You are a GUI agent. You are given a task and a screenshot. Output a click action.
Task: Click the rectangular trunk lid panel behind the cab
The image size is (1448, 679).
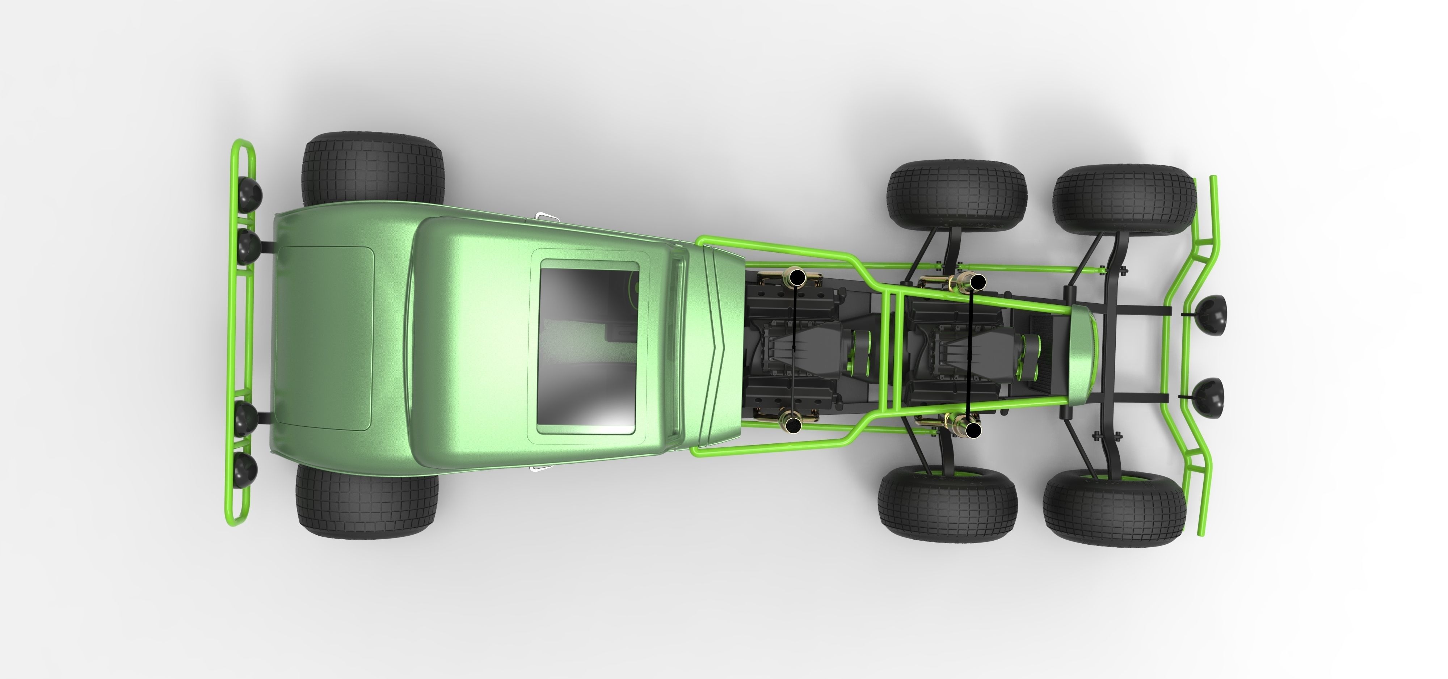326,339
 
